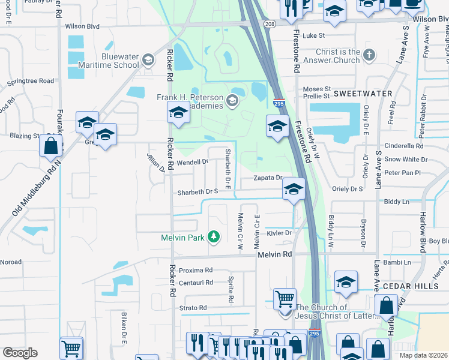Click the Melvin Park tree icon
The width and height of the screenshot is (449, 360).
pyautogui.click(x=213, y=237)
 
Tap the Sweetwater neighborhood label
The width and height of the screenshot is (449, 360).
pyautogui.click(x=363, y=94)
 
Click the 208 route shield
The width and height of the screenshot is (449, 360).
pyautogui.click(x=270, y=23)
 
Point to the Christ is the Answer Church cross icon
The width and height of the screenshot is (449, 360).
pyautogui.click(x=369, y=56)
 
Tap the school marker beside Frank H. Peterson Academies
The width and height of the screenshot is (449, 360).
pyautogui.click(x=178, y=111)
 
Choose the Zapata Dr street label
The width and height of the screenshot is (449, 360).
pyautogui.click(x=268, y=178)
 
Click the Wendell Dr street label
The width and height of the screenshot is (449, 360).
pyautogui.click(x=192, y=162)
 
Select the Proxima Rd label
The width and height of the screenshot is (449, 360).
pyautogui.click(x=196, y=270)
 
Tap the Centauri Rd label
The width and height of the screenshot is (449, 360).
pyautogui.click(x=196, y=282)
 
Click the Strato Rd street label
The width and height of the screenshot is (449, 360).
pyautogui.click(x=194, y=308)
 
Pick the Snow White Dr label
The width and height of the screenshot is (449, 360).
pyautogui.click(x=406, y=160)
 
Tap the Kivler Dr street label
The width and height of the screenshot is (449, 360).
pyautogui.click(x=279, y=233)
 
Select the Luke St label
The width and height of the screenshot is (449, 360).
pyautogui.click(x=313, y=36)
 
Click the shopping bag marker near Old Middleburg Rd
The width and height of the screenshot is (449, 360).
pyautogui.click(x=50, y=145)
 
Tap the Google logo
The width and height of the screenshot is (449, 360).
pyautogui.click(x=20, y=353)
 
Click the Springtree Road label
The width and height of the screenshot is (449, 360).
pyautogui.click(x=30, y=81)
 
